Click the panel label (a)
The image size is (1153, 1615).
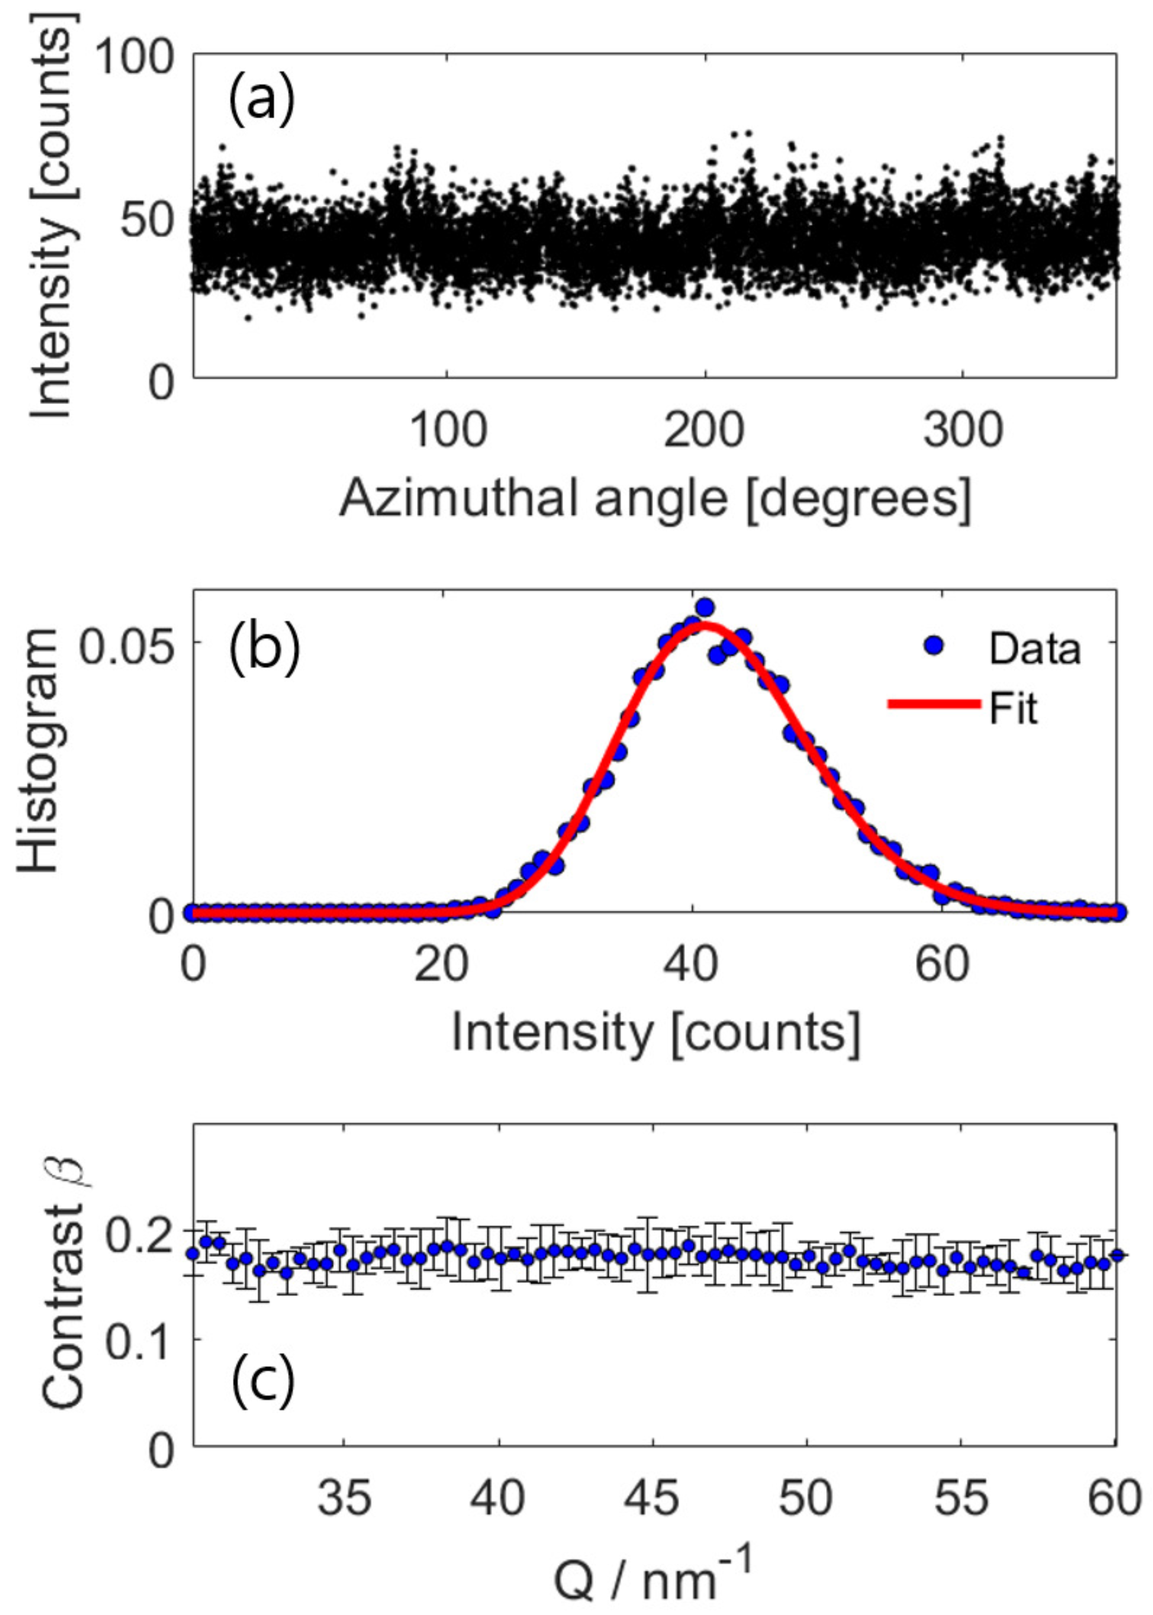pos(260,102)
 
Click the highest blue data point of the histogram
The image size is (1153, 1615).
pos(705,608)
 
